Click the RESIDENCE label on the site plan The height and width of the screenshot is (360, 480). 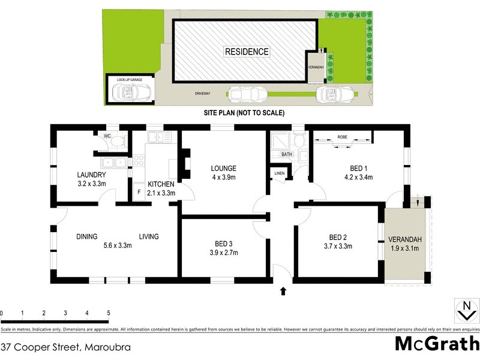pyautogui.click(x=247, y=52)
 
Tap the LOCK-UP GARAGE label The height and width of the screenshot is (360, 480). pyautogui.click(x=130, y=79)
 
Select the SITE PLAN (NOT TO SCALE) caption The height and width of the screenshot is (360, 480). pyautogui.click(x=240, y=113)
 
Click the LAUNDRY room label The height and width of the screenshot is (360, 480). pyautogui.click(x=92, y=175)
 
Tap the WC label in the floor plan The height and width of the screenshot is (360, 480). pyautogui.click(x=108, y=136)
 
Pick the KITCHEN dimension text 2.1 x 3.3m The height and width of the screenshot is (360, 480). pyautogui.click(x=161, y=193)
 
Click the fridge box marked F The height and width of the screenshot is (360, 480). pyautogui.click(x=139, y=193)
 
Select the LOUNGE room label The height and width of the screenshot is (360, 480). pyautogui.click(x=223, y=168)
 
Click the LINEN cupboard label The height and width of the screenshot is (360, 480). pyautogui.click(x=280, y=173)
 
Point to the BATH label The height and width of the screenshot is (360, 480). pyautogui.click(x=287, y=154)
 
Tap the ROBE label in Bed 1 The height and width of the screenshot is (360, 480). pyautogui.click(x=343, y=137)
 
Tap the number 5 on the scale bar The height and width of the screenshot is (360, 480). pyautogui.click(x=109, y=313)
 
